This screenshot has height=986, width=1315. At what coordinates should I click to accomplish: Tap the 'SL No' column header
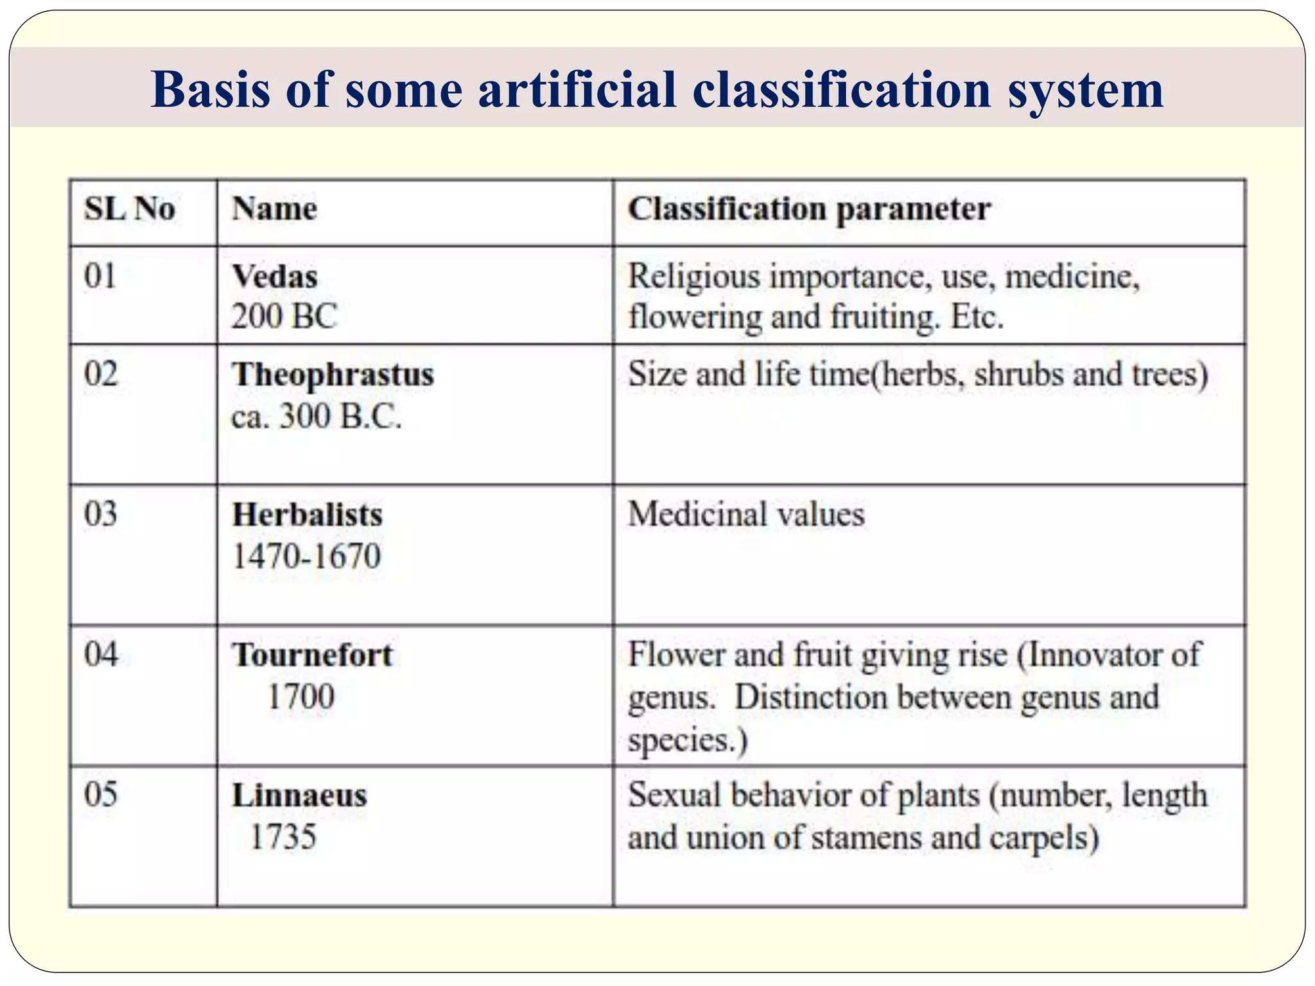[130, 209]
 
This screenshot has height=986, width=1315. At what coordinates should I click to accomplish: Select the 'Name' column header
[274, 209]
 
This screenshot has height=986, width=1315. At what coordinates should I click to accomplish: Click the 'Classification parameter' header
[809, 209]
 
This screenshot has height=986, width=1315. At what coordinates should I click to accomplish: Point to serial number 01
[100, 277]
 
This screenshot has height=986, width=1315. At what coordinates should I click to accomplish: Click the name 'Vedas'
[275, 277]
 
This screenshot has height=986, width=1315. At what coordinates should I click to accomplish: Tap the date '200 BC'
[284, 316]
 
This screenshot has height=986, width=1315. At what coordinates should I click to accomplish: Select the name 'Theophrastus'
[333, 375]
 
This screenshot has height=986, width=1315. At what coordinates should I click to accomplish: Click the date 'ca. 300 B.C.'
[316, 417]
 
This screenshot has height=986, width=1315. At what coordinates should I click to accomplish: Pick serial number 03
[101, 514]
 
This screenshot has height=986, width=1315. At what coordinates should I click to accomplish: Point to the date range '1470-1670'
[306, 556]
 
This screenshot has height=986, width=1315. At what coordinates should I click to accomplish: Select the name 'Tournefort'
[312, 655]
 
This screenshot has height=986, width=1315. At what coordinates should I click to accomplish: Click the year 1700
[300, 697]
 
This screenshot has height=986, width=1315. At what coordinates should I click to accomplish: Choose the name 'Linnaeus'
[299, 796]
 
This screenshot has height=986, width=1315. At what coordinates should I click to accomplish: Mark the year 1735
[283, 837]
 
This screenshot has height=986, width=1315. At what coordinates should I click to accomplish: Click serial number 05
[101, 795]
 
